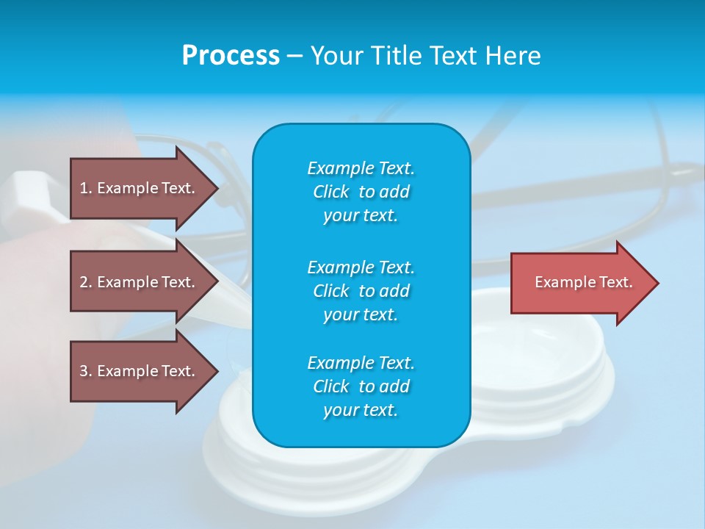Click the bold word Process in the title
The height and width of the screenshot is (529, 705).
(231, 56)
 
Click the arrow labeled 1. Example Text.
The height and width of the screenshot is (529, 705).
(140, 188)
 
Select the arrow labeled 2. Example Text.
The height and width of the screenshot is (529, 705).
(140, 282)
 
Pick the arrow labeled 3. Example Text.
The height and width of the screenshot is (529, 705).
(140, 371)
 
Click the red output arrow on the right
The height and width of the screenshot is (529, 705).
(580, 283)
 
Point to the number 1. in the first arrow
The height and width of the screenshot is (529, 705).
(86, 188)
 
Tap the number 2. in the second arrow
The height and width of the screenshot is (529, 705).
(86, 282)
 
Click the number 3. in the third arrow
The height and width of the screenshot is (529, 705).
(86, 371)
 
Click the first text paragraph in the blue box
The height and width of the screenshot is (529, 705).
(361, 192)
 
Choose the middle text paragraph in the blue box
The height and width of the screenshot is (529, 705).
(361, 290)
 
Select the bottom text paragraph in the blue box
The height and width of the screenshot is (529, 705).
(361, 386)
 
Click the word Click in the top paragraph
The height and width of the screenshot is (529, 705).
(331, 192)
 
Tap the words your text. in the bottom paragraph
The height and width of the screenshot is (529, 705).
(361, 411)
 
